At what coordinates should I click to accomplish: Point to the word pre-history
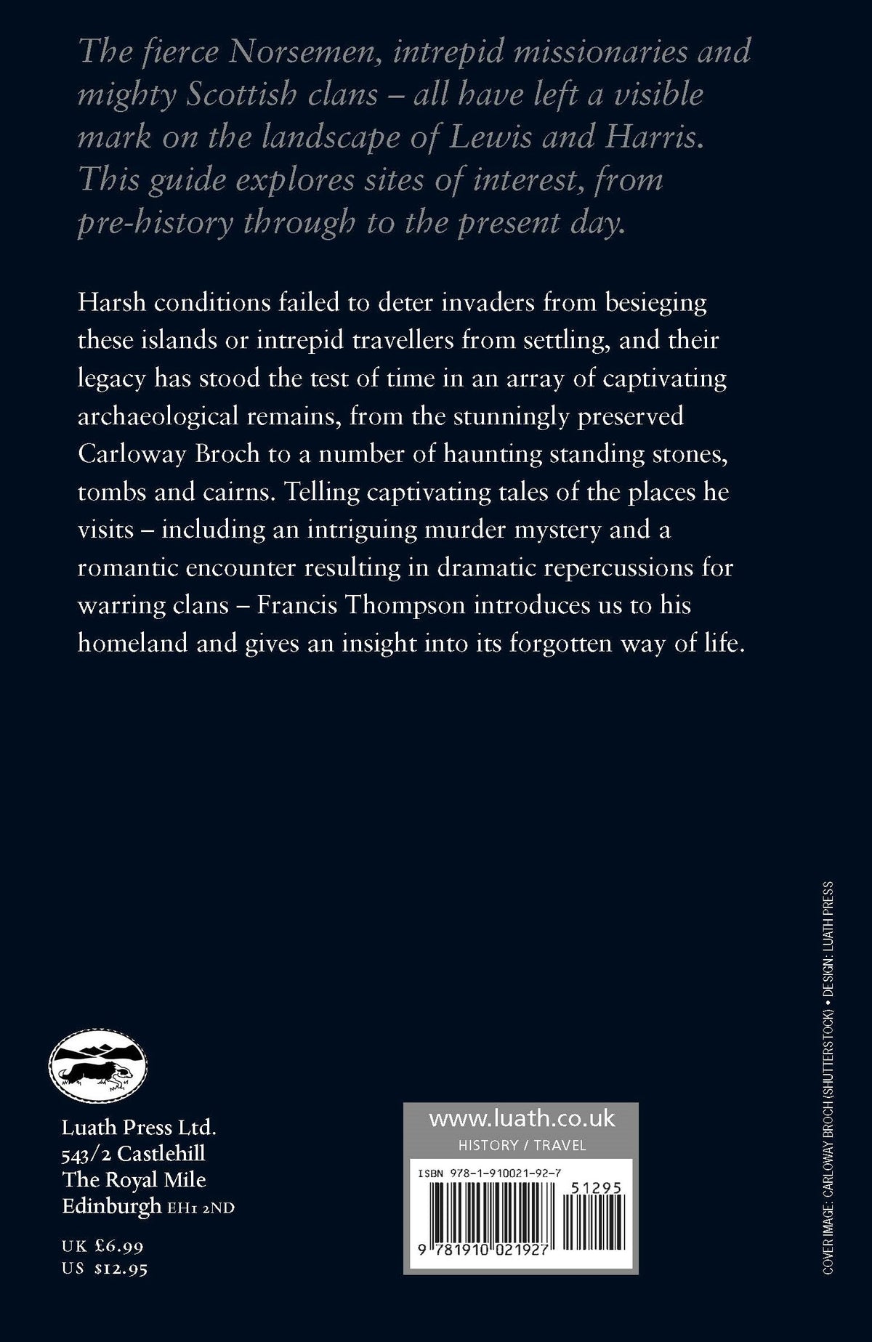click(x=155, y=222)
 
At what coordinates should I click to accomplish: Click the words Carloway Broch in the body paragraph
click(x=169, y=453)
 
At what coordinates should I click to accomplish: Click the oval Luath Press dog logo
click(x=98, y=1069)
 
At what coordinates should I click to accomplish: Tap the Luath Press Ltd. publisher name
click(x=139, y=1128)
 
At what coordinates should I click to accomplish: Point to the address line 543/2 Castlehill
click(x=134, y=1155)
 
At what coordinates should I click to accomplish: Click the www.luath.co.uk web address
click(x=521, y=1119)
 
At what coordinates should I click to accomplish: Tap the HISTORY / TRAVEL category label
click(x=522, y=1146)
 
